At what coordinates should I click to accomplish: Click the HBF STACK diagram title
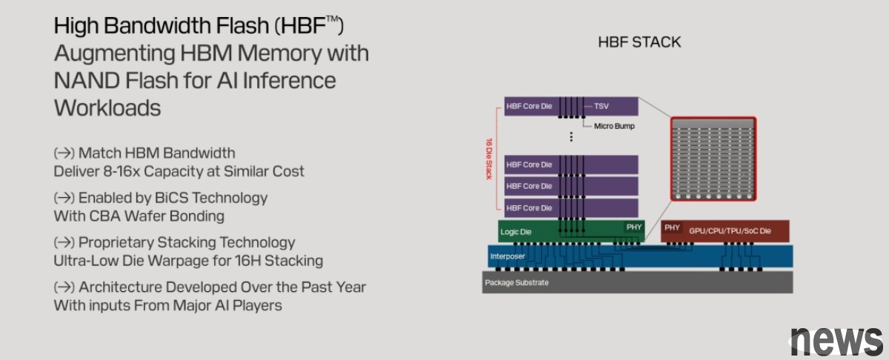pos(639,42)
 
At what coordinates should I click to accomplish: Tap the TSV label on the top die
pos(602,106)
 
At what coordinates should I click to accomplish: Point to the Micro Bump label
pos(614,126)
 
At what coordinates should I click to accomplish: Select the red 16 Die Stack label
pos(489,159)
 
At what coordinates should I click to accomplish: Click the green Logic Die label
pos(516,232)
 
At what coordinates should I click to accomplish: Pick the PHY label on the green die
pos(634,227)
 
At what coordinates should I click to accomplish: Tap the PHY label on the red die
pos(672,227)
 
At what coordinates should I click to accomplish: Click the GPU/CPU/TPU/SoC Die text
pos(730,231)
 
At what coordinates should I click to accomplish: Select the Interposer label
pos(507,256)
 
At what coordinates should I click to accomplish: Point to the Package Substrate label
pos(516,283)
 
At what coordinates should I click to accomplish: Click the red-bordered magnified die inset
pos(713,159)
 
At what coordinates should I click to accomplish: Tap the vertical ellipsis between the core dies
pos(571,136)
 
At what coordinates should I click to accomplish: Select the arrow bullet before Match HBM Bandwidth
pos(64,153)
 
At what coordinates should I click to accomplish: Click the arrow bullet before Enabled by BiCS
pos(64,198)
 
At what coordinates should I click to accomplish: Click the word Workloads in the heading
pos(107,107)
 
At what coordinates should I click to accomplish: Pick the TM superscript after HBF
pos(333,19)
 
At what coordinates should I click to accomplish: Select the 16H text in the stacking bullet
pos(247,261)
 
